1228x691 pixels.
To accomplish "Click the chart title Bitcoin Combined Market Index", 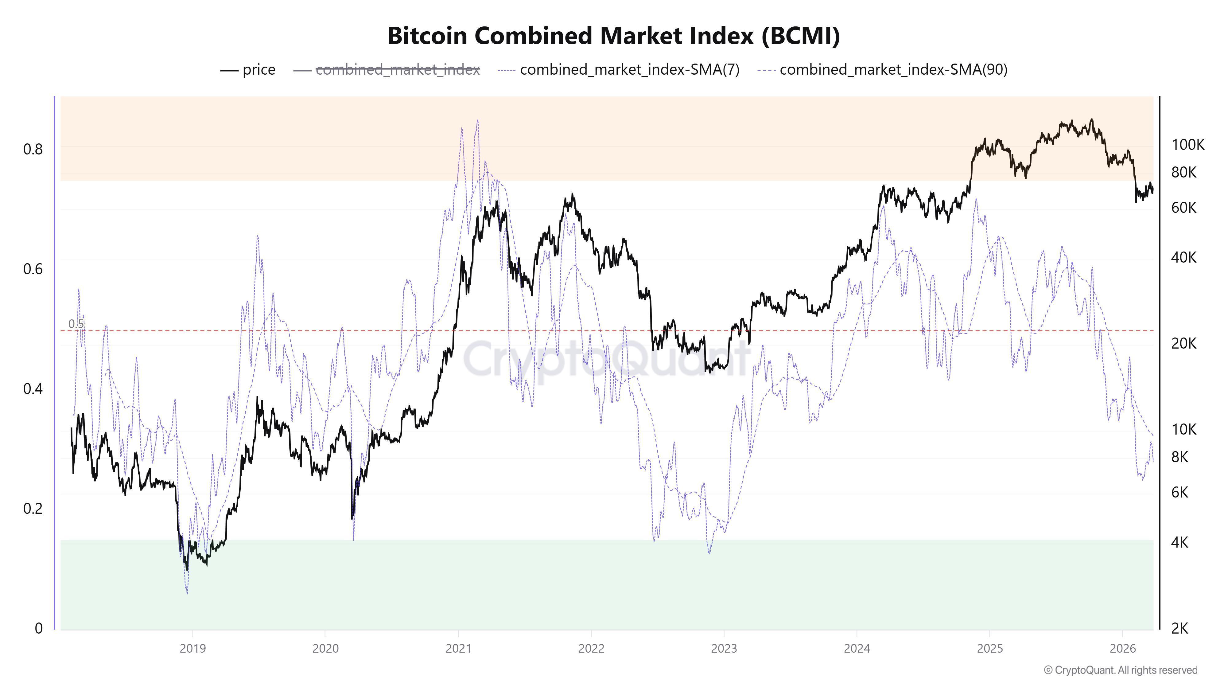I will tap(613, 36).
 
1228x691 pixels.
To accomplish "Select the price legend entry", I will tap(248, 70).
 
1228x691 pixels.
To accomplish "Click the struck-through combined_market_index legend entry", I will tap(387, 70).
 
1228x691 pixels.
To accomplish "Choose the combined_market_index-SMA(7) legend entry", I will tap(619, 70).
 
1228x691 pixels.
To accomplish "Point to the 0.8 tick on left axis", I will tap(33, 149).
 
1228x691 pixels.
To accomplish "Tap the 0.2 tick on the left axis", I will tap(33, 508).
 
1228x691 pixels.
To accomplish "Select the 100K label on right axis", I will tap(1187, 144).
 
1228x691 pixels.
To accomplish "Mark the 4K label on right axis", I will tap(1179, 542).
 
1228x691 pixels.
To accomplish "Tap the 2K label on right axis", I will tap(1179, 629).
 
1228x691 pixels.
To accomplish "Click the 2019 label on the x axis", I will tap(192, 649).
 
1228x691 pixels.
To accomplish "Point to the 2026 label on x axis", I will tap(1122, 649).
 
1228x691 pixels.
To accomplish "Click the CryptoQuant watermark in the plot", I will tap(605, 360).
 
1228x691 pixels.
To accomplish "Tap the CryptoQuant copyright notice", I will tap(1120, 670).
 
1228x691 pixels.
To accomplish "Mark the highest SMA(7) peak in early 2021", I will tap(477, 121).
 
